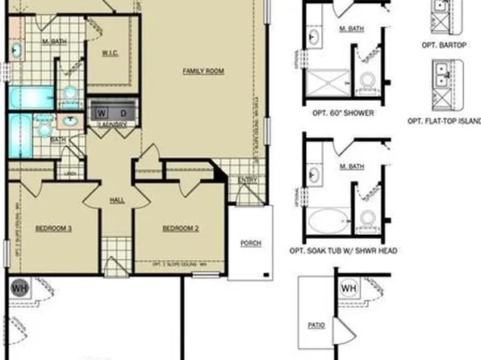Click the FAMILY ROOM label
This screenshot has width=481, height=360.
[x=203, y=72]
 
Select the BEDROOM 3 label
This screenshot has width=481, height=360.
[x=54, y=229]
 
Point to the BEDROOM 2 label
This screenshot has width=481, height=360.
[x=181, y=229]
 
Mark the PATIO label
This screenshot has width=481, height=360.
[x=317, y=325]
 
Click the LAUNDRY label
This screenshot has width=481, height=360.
[x=110, y=125]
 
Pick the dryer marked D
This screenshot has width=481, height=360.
[x=123, y=112]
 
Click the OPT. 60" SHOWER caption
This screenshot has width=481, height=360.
[x=343, y=113]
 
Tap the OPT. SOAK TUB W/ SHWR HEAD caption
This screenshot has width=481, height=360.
[x=343, y=251]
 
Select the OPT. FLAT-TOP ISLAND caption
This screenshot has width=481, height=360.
[x=443, y=121]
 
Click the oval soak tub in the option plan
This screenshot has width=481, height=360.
[x=328, y=219]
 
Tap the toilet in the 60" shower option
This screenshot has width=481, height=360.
[x=368, y=82]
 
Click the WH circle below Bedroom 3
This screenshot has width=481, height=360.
[x=19, y=288]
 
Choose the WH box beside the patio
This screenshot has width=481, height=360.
[x=349, y=288]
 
